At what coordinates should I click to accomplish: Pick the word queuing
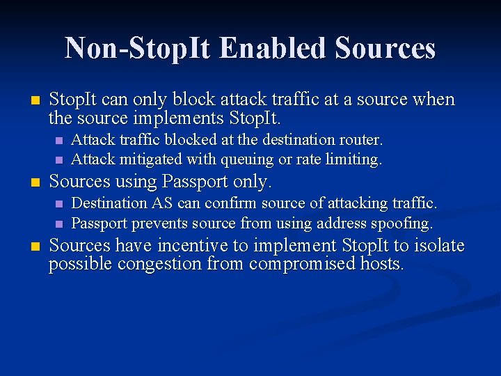(246, 159)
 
